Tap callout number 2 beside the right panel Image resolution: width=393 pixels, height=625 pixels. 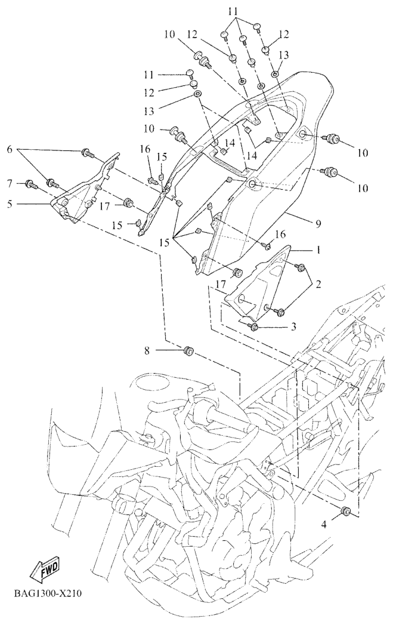point(317,285)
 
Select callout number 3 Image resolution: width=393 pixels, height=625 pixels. point(293,327)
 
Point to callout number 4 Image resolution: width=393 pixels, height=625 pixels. point(325,525)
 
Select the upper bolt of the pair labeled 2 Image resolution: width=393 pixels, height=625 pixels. point(301,267)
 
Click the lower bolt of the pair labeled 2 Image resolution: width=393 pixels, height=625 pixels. point(278,311)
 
